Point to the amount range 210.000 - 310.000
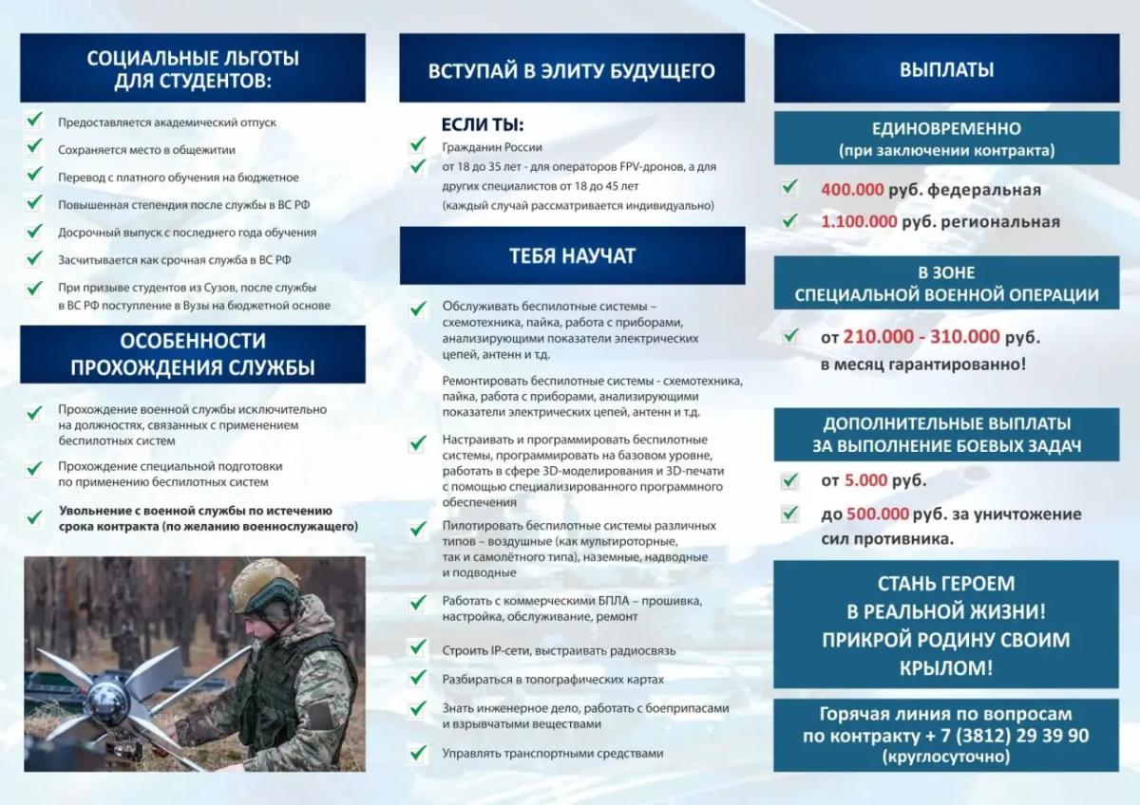pyautogui.click(x=920, y=337)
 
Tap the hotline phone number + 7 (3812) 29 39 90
pyautogui.click(x=995, y=736)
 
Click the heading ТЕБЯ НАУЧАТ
pyautogui.click(x=572, y=255)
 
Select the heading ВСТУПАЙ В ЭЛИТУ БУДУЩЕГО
pyautogui.click(x=572, y=70)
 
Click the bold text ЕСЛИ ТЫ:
pyautogui.click(x=483, y=125)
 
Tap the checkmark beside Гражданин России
pyautogui.click(x=416, y=146)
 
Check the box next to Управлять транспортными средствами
pyautogui.click(x=416, y=753)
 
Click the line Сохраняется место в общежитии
pyautogui.click(x=146, y=150)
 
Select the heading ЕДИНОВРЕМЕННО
pyautogui.click(x=946, y=129)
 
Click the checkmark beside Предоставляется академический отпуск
pyautogui.click(x=35, y=121)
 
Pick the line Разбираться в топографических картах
pyautogui.click(x=553, y=680)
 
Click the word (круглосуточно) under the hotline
pyautogui.click(x=946, y=758)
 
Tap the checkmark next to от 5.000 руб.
pyautogui.click(x=788, y=480)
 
